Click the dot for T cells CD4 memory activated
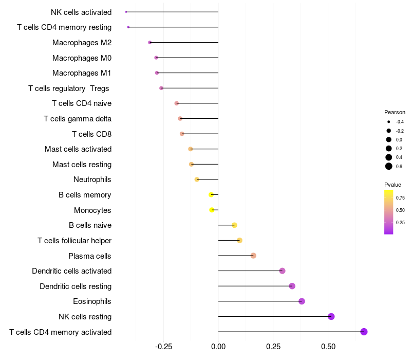click(364, 332)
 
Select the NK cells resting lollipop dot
click(331, 316)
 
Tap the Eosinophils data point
click(302, 301)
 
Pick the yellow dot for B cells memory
click(211, 195)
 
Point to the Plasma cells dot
click(253, 256)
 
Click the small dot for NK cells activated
click(126, 12)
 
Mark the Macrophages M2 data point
click(150, 42)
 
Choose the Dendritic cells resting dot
click(292, 286)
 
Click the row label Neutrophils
click(92, 179)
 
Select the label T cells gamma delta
click(78, 119)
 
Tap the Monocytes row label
click(92, 210)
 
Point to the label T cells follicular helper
click(74, 240)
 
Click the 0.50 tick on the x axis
click(328, 347)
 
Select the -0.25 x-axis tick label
click(164, 347)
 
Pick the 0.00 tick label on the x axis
click(218, 347)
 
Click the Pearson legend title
click(395, 112)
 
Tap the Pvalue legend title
click(393, 185)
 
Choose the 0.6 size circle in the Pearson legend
click(389, 166)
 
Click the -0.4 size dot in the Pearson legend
click(389, 122)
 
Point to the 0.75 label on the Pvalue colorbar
click(400, 197)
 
